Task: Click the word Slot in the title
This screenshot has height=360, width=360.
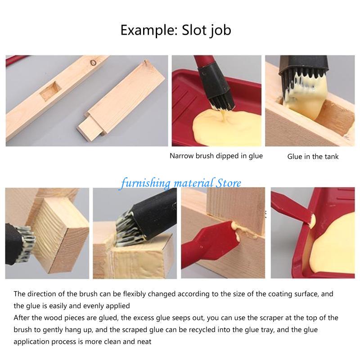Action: (194, 31)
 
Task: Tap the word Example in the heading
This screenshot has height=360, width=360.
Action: (149, 31)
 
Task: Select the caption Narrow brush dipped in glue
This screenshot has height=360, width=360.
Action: (216, 156)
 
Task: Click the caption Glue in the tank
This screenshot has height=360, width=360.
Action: (313, 157)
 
